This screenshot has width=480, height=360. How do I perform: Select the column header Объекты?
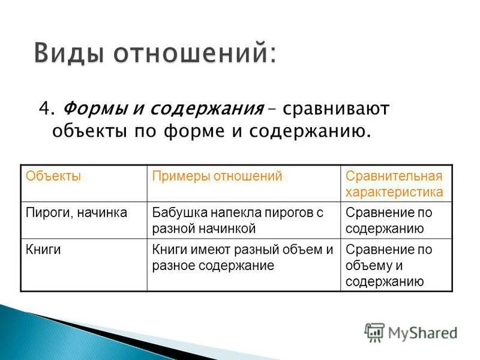point(53,176)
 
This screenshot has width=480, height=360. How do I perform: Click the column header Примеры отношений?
point(217,176)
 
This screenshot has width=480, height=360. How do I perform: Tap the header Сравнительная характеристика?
point(394,184)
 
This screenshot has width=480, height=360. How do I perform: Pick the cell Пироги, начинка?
point(76,212)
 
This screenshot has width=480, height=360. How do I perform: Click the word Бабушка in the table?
point(176,212)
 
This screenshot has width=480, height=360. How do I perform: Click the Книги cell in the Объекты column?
point(43,250)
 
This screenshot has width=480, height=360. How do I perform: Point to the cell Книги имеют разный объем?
point(242,257)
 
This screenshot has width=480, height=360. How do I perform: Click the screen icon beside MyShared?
point(374,332)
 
